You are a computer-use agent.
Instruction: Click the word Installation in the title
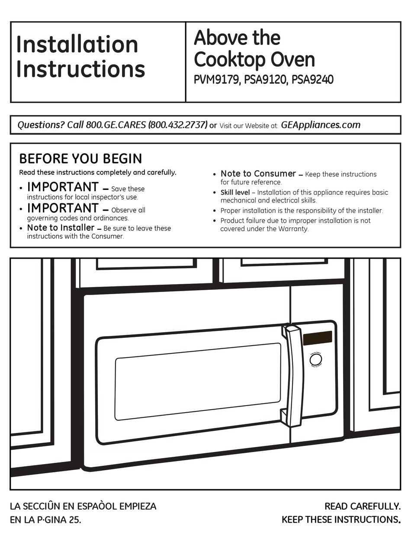click(x=77, y=45)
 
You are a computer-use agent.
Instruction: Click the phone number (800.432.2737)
click(x=178, y=125)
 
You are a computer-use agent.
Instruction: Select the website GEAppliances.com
click(x=321, y=125)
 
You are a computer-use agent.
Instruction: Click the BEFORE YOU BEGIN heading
click(x=80, y=159)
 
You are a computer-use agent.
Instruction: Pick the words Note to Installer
click(x=61, y=228)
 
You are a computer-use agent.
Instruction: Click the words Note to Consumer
click(x=258, y=174)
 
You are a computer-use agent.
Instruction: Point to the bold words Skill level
click(x=235, y=192)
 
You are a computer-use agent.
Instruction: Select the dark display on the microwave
click(x=318, y=338)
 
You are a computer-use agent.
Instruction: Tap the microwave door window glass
click(x=198, y=381)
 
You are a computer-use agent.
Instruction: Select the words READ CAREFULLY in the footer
click(x=363, y=506)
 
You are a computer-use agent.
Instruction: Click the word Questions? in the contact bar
click(x=41, y=125)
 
